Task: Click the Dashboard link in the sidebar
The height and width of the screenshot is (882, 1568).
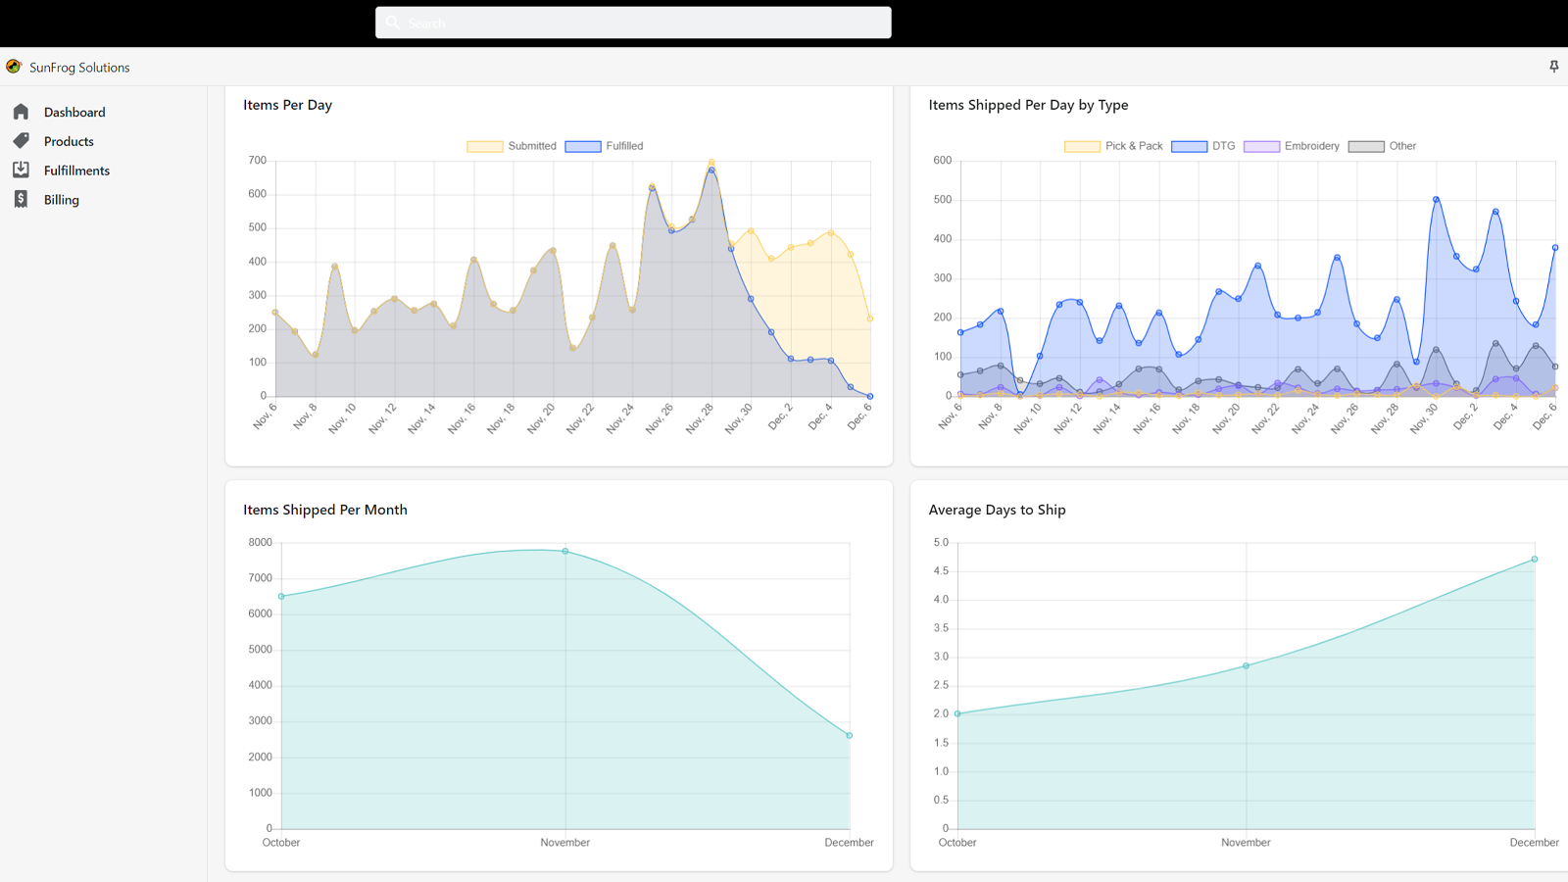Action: tap(73, 113)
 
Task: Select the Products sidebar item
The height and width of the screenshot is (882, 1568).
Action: tap(69, 141)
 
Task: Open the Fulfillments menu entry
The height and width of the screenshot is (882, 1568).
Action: tap(76, 171)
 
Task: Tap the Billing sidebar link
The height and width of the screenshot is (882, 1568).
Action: tap(61, 200)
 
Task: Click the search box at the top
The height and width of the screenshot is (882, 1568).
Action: tap(633, 23)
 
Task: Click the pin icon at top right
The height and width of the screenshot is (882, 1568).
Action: tap(1553, 67)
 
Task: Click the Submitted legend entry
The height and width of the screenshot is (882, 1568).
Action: tap(512, 146)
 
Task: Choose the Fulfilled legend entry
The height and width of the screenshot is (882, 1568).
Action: tap(604, 146)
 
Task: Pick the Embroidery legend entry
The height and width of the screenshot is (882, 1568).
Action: tap(1292, 146)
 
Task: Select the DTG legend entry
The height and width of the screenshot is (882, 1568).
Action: tap(1203, 146)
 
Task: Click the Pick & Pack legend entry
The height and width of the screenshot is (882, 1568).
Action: tap(1113, 146)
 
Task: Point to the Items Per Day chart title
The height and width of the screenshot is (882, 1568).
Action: tap(287, 105)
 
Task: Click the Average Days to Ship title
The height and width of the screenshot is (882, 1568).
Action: tap(997, 510)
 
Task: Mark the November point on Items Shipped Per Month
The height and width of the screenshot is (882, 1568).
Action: tap(565, 552)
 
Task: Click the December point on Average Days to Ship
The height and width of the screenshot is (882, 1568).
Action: tap(1535, 560)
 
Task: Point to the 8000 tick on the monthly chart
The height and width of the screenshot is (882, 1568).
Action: tap(261, 543)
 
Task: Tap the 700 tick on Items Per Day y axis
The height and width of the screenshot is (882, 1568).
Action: tap(258, 161)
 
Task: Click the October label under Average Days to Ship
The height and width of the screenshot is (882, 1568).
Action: tap(957, 843)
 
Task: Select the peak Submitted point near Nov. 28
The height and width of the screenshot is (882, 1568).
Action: tap(711, 162)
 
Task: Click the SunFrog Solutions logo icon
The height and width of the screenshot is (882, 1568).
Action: tap(14, 67)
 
